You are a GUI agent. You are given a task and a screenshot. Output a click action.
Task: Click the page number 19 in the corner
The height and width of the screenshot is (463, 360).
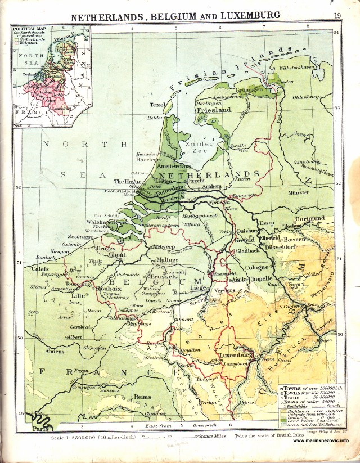tap(337, 16)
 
